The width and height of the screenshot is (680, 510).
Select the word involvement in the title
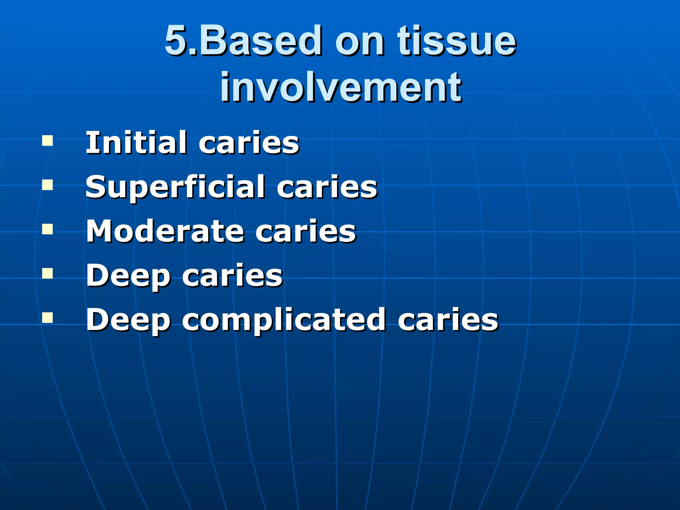click(x=341, y=87)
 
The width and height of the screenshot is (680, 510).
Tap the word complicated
click(x=284, y=320)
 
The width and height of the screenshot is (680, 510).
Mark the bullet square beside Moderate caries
click(x=47, y=229)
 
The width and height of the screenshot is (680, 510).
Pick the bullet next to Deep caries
click(x=47, y=274)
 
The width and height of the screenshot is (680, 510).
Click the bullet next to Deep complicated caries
click(x=47, y=318)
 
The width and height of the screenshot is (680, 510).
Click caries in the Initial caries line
click(x=249, y=143)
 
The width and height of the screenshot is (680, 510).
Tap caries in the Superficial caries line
click(x=327, y=187)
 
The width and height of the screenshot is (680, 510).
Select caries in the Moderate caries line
click(x=305, y=232)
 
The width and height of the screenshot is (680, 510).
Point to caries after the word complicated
click(x=448, y=320)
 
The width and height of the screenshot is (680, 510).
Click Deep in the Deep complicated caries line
click(x=128, y=320)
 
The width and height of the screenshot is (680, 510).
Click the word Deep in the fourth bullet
click(x=128, y=276)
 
